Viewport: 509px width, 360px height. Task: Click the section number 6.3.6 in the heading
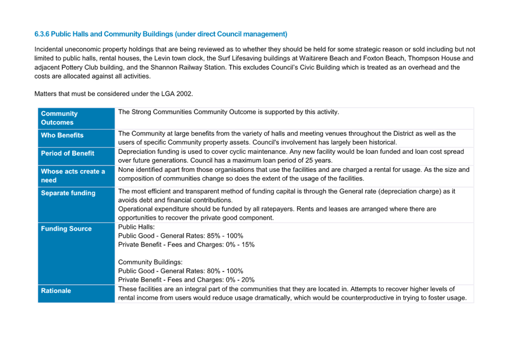pos(42,34)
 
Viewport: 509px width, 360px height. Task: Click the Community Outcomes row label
pos(59,118)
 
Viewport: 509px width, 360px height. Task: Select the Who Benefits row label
pos(62,135)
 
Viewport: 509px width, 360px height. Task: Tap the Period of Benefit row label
pos(68,154)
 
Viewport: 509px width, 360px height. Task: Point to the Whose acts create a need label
pos(73,175)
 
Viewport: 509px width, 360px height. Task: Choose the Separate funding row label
pos(68,193)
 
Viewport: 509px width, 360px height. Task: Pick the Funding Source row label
pos(66,229)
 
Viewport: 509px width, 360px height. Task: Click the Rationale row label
pos(56,291)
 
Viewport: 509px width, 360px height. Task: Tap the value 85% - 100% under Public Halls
pos(225,236)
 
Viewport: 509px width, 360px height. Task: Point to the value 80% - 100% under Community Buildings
pos(225,271)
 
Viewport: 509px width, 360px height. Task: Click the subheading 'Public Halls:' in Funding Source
pos(136,227)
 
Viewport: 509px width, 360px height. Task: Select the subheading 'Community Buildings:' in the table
pos(150,262)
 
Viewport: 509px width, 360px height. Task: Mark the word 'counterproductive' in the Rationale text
pos(367,298)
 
